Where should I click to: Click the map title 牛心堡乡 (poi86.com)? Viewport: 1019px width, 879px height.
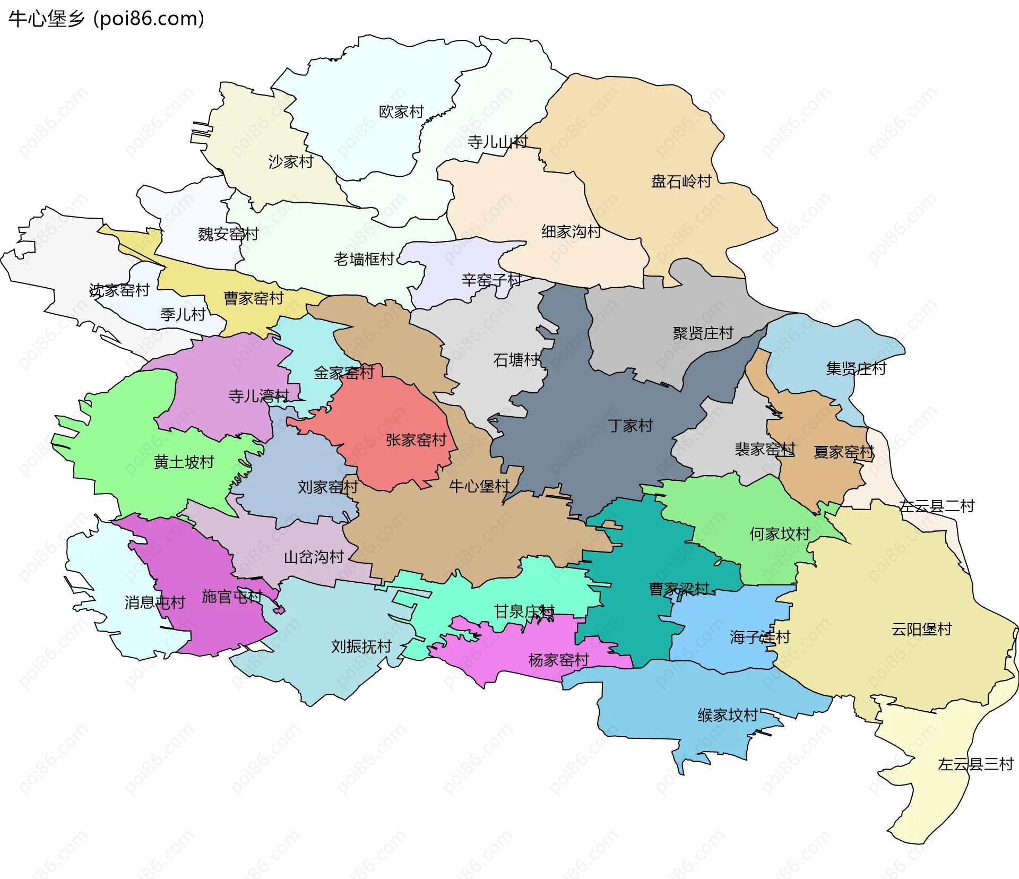[106, 19]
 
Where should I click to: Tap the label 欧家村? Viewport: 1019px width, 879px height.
[401, 112]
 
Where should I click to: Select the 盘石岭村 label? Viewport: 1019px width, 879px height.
[681, 182]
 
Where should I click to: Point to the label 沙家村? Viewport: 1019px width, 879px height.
[291, 161]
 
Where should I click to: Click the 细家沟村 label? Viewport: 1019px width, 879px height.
[571, 231]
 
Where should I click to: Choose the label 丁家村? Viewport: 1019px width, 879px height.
[630, 426]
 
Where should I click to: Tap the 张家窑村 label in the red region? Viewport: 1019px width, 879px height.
[416, 440]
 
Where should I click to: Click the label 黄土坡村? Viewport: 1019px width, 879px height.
[184, 462]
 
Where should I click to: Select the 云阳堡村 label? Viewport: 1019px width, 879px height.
[921, 630]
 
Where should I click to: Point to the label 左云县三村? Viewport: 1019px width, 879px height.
[975, 764]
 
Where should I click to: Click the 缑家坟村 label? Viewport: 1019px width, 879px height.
[727, 716]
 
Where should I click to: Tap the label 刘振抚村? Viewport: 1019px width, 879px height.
[361, 647]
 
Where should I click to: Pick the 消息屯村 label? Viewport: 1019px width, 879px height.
[154, 602]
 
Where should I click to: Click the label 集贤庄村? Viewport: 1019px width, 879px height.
[856, 368]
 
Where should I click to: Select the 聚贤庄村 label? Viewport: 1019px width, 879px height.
[703, 333]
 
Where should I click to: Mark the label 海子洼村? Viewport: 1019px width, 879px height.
[759, 637]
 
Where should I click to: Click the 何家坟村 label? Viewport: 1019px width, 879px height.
[779, 534]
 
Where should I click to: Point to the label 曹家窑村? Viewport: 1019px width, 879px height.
[253, 298]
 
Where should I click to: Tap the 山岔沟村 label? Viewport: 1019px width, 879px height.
[314, 557]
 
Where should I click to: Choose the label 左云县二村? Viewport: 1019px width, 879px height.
[937, 506]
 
